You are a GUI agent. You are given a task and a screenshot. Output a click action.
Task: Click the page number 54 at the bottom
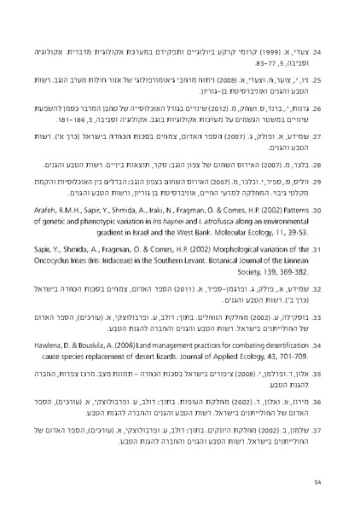point(316,483)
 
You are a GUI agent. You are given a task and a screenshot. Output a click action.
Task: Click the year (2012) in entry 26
point(214,109)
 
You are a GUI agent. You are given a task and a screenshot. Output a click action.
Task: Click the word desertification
point(273,342)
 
